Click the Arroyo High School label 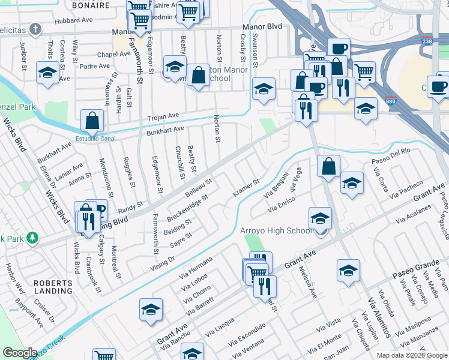276,231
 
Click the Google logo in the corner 20,353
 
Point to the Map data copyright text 411,355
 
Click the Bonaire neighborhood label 90,5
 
